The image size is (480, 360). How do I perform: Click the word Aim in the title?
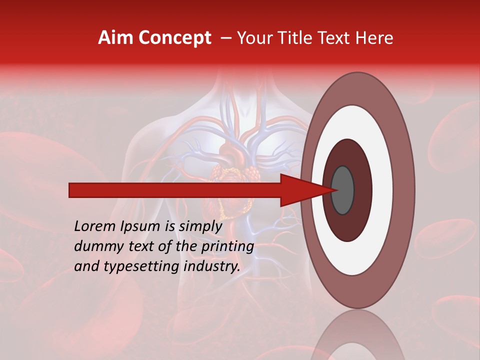coord(115,38)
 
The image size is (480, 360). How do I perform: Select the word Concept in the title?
coord(174,38)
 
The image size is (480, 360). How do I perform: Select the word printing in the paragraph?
coord(228,246)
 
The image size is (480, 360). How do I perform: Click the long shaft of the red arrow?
coord(175,190)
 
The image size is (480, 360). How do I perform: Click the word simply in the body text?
coord(200,226)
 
